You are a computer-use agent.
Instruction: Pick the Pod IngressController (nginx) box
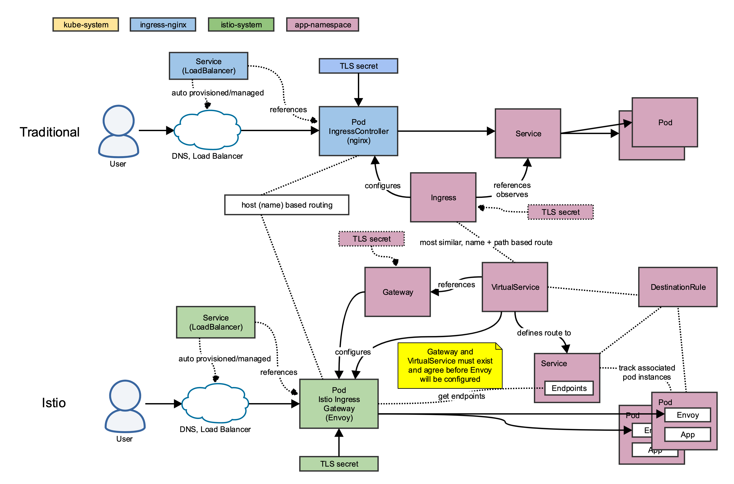point(358,131)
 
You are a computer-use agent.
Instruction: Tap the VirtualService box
point(515,287)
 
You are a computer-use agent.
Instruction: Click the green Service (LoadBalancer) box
point(216,322)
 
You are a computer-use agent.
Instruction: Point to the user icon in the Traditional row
point(118,131)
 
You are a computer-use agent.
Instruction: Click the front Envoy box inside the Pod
point(688,415)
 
